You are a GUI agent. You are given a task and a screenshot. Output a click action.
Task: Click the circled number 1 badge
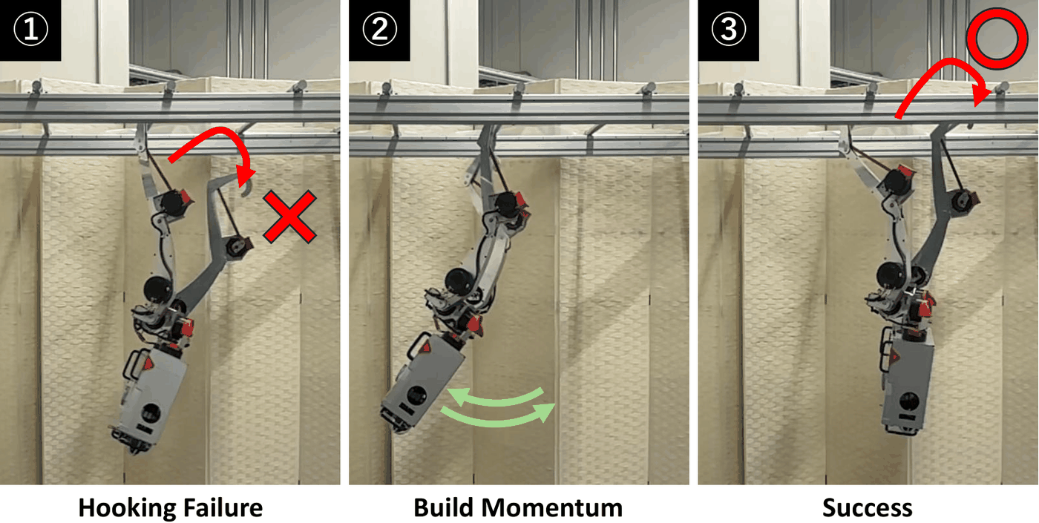[30, 30]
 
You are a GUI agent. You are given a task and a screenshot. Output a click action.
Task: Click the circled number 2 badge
[379, 30]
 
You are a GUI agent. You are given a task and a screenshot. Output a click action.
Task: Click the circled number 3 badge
[728, 30]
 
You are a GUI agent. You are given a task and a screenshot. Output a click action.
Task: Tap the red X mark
[290, 217]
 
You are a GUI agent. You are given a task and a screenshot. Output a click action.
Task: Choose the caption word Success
[868, 507]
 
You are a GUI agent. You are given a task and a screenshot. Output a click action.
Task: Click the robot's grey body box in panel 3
[907, 386]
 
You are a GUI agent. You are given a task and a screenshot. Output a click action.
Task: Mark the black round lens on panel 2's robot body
[416, 396]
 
